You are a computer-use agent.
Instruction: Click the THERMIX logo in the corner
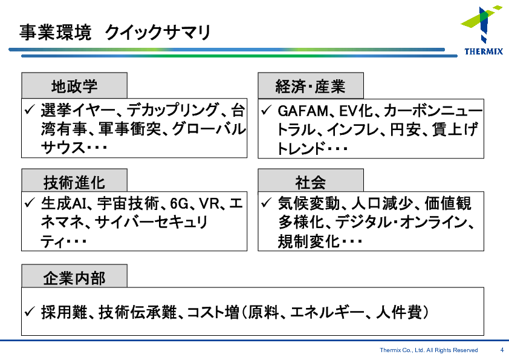(482, 30)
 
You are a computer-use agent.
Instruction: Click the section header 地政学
(74, 86)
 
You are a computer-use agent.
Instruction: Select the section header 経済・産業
(311, 86)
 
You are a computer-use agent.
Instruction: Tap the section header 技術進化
(74, 182)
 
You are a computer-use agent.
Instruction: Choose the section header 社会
(311, 182)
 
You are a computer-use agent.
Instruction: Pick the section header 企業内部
(74, 278)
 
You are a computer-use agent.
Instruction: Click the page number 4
(502, 350)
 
